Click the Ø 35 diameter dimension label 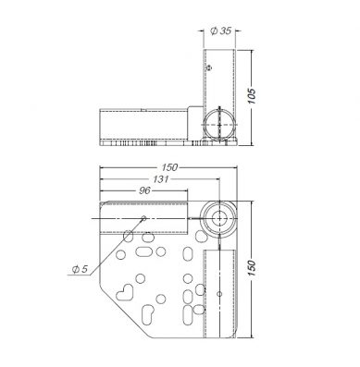pos(220,31)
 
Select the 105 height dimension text pos(252,96)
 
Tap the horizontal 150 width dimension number pos(169,167)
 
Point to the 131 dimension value pos(161,179)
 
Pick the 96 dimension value pos(144,190)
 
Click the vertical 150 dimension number pos(252,268)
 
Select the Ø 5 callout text pos(80,269)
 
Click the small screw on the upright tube pos(209,67)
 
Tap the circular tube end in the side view pos(219,125)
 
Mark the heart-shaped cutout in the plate pos(125,292)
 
